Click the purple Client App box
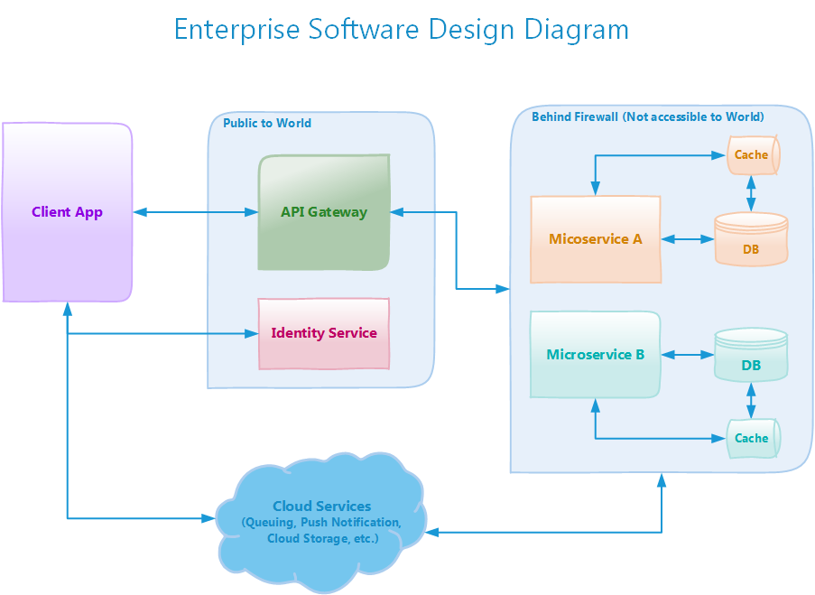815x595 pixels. point(68,213)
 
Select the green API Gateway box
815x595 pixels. point(324,213)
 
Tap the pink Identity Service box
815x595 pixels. point(324,333)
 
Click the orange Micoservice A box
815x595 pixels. point(596,239)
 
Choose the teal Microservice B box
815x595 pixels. point(596,355)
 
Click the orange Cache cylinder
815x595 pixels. point(753,155)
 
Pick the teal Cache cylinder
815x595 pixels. point(753,438)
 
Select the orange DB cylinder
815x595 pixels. point(751,240)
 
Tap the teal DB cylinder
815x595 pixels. point(751,356)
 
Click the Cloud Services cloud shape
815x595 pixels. point(321,522)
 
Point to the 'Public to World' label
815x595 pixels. point(267,123)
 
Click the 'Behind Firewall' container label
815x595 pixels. point(647,116)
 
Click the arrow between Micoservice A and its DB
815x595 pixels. point(687,239)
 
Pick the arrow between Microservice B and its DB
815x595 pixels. point(687,355)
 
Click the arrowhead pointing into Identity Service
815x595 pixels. point(253,333)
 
